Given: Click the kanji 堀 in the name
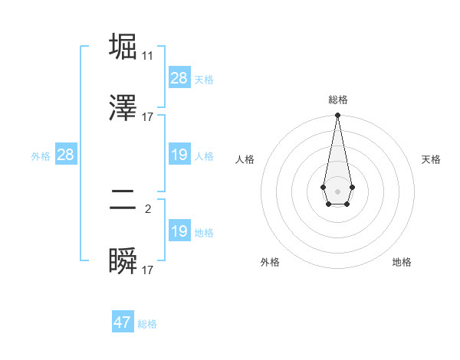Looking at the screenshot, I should point(123,47).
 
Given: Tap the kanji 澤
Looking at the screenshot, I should point(123,108).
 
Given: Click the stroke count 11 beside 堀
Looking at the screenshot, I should point(147,56).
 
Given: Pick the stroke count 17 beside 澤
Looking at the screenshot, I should point(147,117).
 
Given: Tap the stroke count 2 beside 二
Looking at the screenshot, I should point(148,208).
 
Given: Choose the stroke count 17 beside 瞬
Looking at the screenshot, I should point(147,270).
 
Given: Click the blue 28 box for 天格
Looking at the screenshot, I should point(179,78).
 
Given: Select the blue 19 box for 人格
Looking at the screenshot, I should point(179,155).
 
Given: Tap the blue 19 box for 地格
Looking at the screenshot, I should point(179,231).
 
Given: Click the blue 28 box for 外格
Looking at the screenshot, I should point(66,155).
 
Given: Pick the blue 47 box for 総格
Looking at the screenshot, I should point(123,322).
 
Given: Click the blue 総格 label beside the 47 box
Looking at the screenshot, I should point(147,324).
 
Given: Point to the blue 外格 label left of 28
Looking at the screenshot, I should point(41,156).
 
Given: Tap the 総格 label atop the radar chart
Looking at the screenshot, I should point(337,100).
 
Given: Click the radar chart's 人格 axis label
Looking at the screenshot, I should point(245,159).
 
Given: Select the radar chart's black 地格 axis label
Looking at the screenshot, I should point(402,262).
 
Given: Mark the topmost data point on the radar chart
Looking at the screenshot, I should point(337,116).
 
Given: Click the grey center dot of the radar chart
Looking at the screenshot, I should point(337,190).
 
